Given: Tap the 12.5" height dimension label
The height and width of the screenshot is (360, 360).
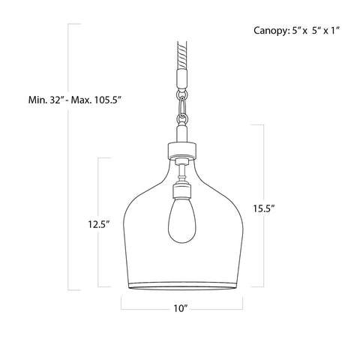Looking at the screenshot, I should click(97, 223).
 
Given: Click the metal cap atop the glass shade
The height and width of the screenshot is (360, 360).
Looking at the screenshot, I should click(180, 149).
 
